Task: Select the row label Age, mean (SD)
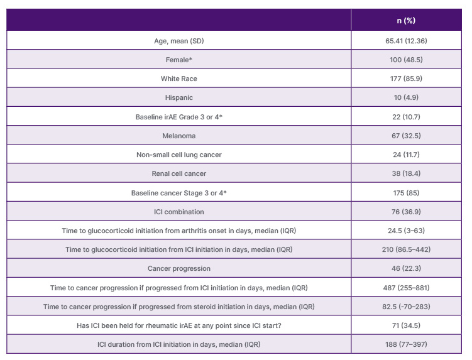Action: coord(179,41)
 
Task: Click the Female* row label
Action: coord(179,60)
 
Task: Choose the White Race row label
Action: coord(179,79)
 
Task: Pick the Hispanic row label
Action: coord(179,98)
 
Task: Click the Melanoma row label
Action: coord(179,136)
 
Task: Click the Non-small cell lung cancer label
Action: coord(179,155)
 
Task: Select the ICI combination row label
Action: coord(179,212)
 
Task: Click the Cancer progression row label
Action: coord(179,268)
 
